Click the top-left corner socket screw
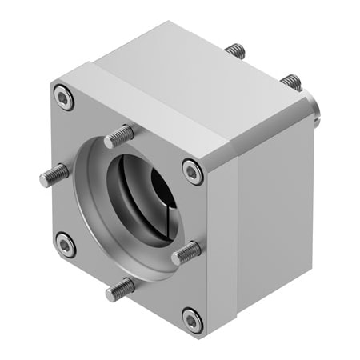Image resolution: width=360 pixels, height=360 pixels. pos(64,98)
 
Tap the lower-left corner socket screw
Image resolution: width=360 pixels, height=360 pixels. pos(65,244)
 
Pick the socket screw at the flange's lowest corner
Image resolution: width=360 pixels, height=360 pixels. pos(190,320)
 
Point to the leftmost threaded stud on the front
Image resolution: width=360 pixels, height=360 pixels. pos(51,177)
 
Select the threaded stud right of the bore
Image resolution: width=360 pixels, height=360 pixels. pos(185,254)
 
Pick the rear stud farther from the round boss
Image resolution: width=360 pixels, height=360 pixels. pos(233,50)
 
